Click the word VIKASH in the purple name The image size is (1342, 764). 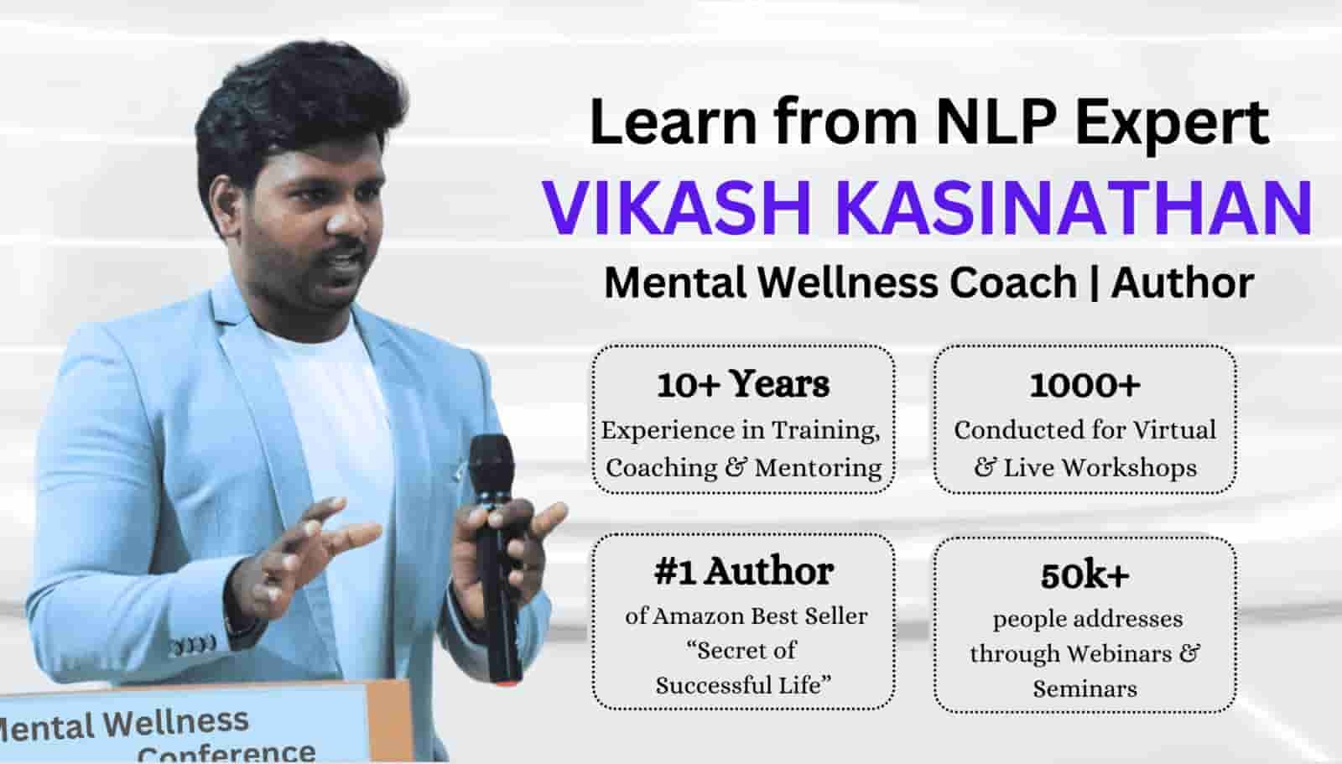676,208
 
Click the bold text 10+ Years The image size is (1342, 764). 743,384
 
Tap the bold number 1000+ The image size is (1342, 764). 1085,385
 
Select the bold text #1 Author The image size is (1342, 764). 743,571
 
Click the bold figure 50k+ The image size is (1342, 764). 1085,575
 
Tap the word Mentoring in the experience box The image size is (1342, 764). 817,468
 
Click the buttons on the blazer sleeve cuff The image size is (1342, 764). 193,645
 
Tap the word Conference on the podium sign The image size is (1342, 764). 226,752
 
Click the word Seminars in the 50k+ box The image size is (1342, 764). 1085,689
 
